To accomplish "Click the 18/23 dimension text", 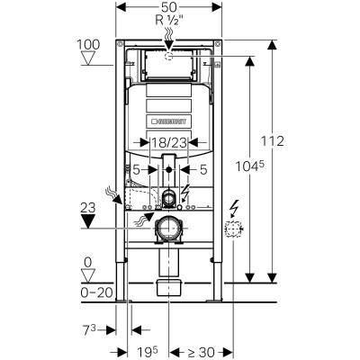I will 168,142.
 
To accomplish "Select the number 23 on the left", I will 88,206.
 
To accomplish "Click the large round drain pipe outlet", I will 168,229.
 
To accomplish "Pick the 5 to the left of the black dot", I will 137,167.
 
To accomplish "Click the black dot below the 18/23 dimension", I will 168,168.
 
